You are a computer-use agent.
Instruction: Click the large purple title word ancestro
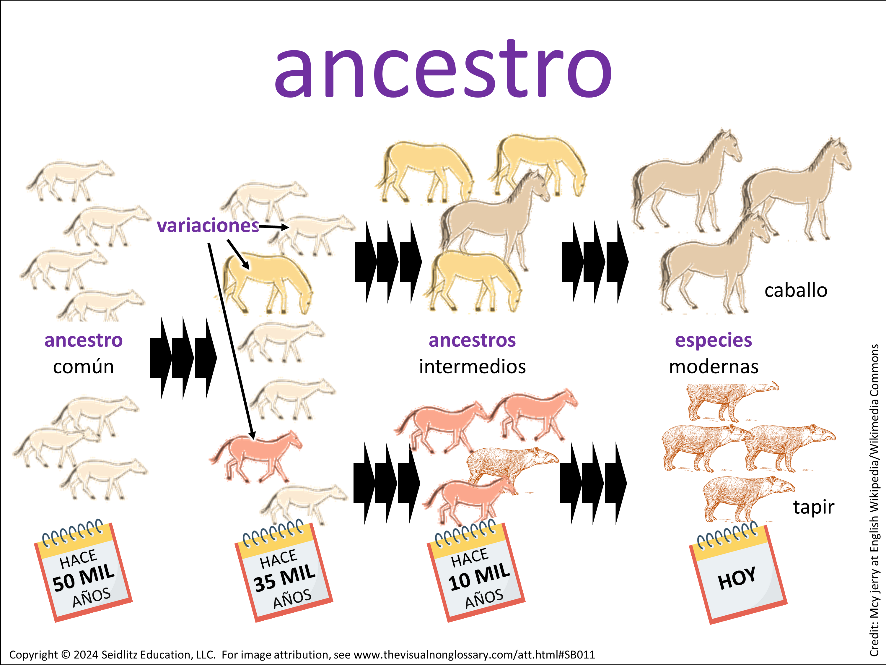click(x=443, y=69)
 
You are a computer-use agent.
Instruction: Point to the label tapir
click(x=814, y=507)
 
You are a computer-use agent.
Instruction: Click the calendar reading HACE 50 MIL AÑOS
click(x=83, y=572)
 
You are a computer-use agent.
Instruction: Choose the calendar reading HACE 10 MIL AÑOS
click(x=476, y=571)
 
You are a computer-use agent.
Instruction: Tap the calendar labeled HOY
click(x=738, y=573)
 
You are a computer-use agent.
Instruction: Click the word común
click(x=83, y=367)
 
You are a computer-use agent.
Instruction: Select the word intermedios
click(x=472, y=367)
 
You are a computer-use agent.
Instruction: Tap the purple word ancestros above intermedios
click(x=472, y=340)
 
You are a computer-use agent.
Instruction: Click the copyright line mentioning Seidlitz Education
click(x=302, y=655)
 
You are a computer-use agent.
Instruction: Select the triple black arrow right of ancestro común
click(x=183, y=358)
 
